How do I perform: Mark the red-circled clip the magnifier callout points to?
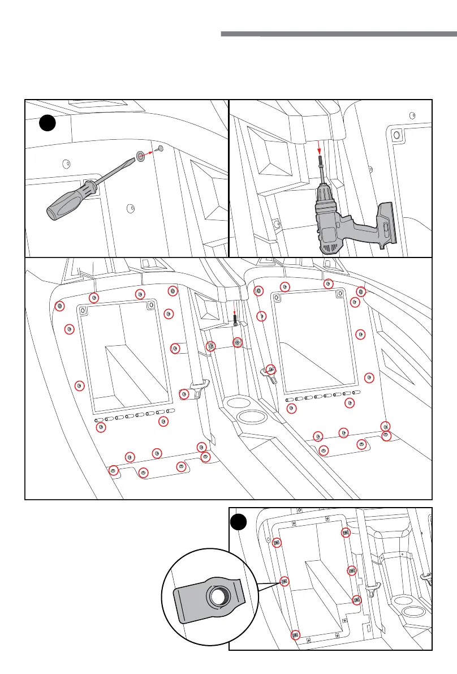(x=284, y=581)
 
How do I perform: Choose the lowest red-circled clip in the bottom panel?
(x=295, y=635)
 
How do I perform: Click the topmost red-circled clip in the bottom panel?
(x=346, y=533)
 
